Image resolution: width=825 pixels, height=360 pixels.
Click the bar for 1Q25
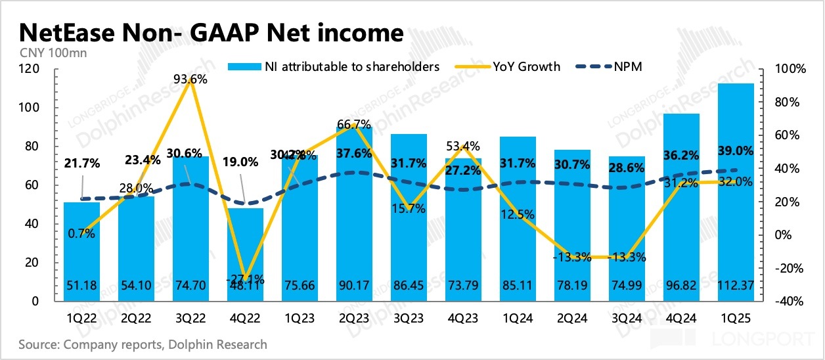[x=735, y=197]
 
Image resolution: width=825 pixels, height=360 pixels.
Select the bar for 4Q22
[x=245, y=256]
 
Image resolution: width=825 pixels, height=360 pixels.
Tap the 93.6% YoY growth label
[x=190, y=79]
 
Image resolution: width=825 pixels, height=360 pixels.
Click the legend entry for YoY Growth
[x=525, y=66]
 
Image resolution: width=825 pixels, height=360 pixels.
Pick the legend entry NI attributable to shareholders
[x=342, y=66]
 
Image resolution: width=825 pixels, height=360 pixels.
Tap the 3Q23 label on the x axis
[x=409, y=319]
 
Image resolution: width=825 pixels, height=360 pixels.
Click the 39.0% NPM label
[x=736, y=150]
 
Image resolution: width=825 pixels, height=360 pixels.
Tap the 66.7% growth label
[x=354, y=124]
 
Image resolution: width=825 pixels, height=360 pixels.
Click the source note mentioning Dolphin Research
[x=143, y=344]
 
